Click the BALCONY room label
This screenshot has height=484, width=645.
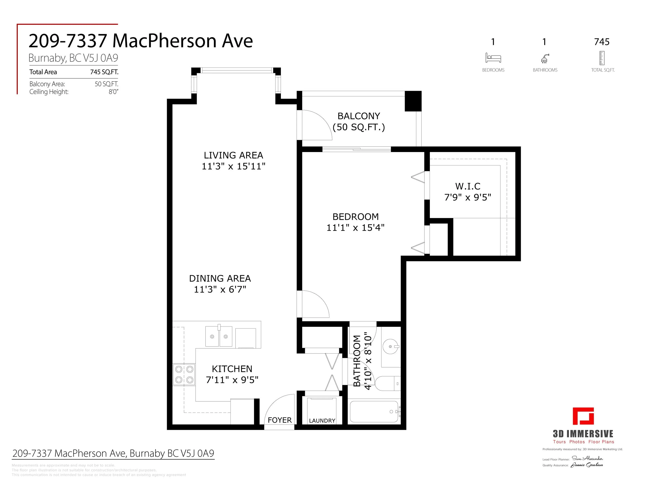click(358, 116)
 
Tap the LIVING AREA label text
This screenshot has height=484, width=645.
click(233, 155)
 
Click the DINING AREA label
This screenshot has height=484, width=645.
click(220, 278)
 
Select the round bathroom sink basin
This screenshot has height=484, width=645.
click(390, 346)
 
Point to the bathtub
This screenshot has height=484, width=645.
click(374, 411)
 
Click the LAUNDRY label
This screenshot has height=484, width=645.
click(322, 420)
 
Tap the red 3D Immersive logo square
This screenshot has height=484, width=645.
click(583, 416)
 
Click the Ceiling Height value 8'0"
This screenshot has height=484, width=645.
click(113, 92)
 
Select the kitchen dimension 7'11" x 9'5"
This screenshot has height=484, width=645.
click(232, 380)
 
